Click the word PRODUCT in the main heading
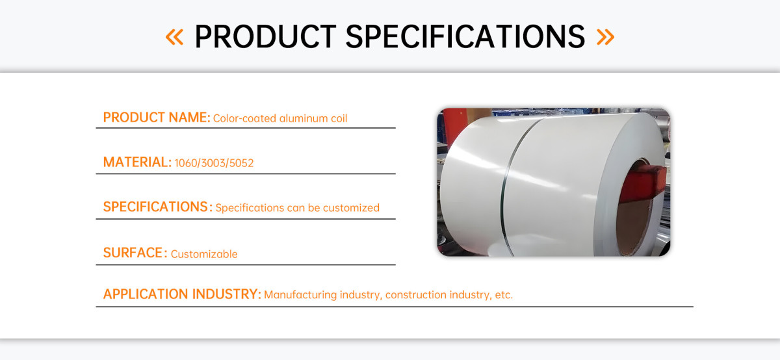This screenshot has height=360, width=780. (x=265, y=36)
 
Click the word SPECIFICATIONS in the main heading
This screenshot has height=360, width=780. (x=465, y=36)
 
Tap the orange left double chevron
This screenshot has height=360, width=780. (x=174, y=37)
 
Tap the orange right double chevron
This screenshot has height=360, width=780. (x=606, y=37)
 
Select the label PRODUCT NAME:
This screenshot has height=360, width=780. (x=157, y=118)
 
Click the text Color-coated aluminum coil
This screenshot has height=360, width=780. (x=280, y=118)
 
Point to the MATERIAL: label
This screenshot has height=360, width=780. (x=137, y=162)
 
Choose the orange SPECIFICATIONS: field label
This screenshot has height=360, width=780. (x=158, y=207)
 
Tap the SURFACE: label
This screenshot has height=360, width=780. (x=135, y=253)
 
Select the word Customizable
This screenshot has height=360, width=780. (x=204, y=254)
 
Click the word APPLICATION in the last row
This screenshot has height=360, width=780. (x=146, y=294)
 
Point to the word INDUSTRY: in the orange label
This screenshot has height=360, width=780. (x=227, y=294)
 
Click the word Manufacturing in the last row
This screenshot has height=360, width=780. (x=300, y=295)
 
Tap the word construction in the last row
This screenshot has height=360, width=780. (x=416, y=295)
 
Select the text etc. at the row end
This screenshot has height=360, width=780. (x=504, y=295)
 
